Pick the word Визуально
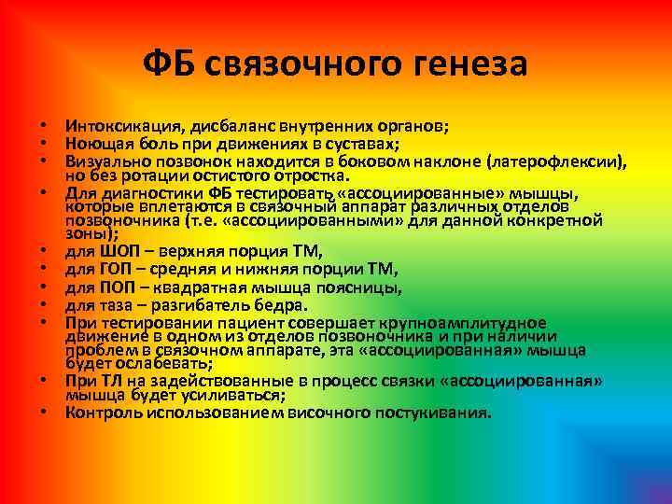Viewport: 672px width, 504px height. pos(105,161)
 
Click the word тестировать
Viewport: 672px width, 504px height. pos(276,193)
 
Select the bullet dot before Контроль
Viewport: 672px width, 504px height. pos(43,413)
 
